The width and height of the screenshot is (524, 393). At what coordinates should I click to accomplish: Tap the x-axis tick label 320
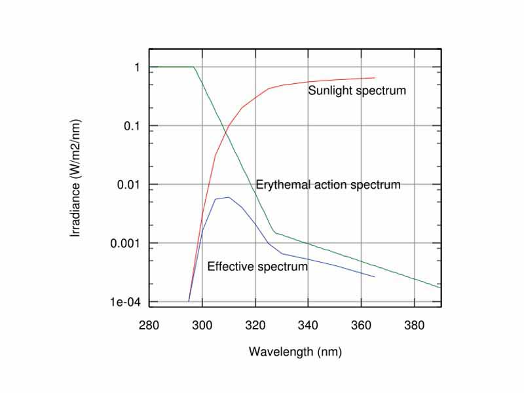[255, 324]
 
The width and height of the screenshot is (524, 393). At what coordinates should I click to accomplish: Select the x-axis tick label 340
[308, 324]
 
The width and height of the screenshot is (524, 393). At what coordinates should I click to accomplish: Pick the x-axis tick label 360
[361, 324]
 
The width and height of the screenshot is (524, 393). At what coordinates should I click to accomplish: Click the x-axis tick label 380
[414, 324]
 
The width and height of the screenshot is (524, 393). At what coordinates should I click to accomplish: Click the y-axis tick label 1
[137, 67]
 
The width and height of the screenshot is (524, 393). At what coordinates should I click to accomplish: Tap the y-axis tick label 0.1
[132, 126]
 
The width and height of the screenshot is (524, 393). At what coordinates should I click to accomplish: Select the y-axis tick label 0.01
[129, 185]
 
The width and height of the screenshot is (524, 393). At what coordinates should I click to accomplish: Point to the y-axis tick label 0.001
[126, 243]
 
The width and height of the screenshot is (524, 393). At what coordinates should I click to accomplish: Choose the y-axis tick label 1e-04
[126, 302]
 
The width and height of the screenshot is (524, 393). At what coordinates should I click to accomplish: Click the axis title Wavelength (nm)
[295, 352]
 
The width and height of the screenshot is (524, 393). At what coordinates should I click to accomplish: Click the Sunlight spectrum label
[357, 90]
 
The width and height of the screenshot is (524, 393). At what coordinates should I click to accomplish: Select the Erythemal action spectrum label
[327, 185]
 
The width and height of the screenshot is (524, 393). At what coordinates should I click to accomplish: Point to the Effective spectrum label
[257, 267]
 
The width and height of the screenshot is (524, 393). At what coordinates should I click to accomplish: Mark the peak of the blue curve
[228, 197]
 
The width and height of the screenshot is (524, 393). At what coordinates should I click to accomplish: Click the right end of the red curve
[375, 78]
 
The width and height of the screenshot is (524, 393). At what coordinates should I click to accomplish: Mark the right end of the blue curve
[375, 277]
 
